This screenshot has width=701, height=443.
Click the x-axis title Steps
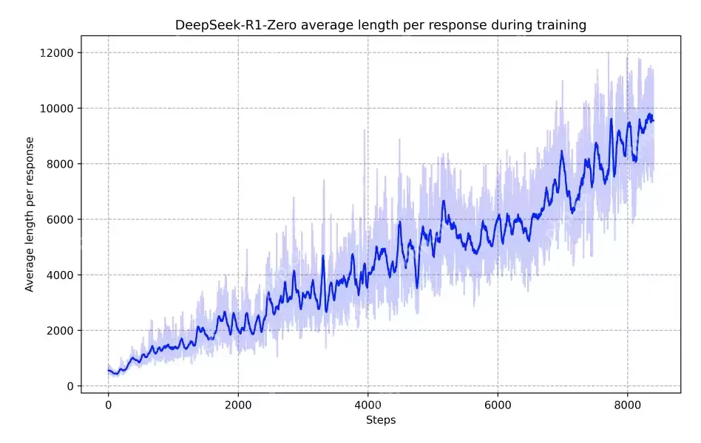(381, 420)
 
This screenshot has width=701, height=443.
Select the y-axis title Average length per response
(30, 214)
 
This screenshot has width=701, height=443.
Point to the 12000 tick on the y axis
(58, 52)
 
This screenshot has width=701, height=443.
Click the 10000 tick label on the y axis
(58, 109)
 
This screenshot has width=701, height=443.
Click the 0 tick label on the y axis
(70, 386)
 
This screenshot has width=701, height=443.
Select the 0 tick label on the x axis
(108, 405)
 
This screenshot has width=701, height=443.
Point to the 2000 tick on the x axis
(238, 405)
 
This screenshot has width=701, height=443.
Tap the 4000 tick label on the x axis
(368, 405)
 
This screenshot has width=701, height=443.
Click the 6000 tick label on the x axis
(498, 405)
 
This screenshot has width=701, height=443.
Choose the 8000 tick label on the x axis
(627, 405)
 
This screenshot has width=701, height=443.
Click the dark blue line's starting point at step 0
(109, 371)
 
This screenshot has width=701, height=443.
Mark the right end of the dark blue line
(654, 120)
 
